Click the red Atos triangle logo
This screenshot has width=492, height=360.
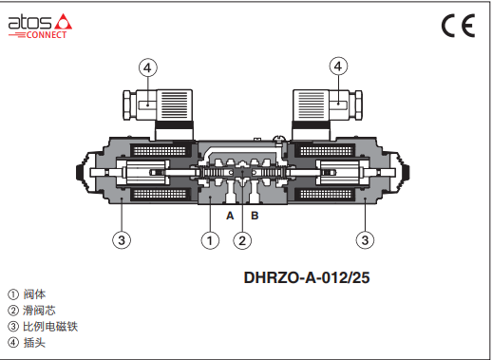(x=64, y=22)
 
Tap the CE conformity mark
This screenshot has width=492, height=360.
(x=458, y=26)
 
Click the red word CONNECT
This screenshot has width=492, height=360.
(x=47, y=34)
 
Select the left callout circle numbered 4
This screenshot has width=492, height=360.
(x=148, y=67)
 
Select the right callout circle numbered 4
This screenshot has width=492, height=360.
(x=338, y=66)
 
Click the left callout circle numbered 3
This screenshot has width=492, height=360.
(x=122, y=240)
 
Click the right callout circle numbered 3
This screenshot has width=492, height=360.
(x=365, y=240)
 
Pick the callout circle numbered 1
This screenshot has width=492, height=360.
(x=210, y=240)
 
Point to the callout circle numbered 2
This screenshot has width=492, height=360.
(x=242, y=240)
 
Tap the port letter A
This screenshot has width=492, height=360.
(x=230, y=216)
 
